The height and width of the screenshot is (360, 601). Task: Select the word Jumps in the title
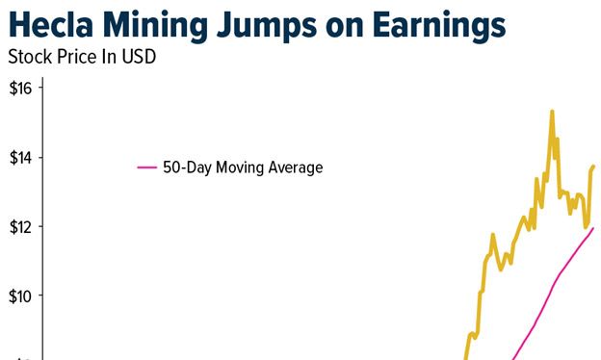pyautogui.click(x=267, y=23)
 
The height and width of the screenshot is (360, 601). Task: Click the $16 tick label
pyautogui.click(x=21, y=89)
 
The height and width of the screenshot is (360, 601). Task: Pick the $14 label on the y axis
pyautogui.click(x=21, y=157)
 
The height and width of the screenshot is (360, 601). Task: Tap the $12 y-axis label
pyautogui.click(x=21, y=226)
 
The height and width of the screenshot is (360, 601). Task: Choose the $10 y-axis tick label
pyautogui.click(x=21, y=296)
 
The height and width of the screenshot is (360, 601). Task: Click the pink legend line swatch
pyautogui.click(x=146, y=167)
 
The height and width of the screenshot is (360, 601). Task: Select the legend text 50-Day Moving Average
pyautogui.click(x=242, y=167)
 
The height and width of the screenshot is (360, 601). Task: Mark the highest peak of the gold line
pyautogui.click(x=552, y=112)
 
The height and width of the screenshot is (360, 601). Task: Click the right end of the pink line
pyautogui.click(x=592, y=228)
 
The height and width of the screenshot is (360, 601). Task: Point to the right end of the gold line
pyautogui.click(x=593, y=167)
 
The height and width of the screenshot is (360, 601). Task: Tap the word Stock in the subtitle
pyautogui.click(x=28, y=56)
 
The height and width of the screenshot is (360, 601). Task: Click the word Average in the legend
pyautogui.click(x=295, y=167)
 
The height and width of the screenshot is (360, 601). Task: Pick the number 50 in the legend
pyautogui.click(x=170, y=167)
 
